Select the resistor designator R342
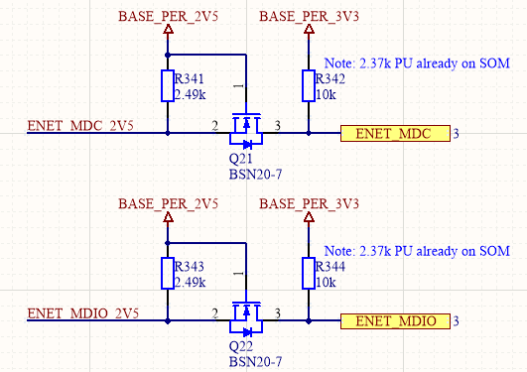[331, 79]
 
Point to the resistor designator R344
[331, 268]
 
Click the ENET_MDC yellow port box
[395, 133]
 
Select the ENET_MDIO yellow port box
[395, 320]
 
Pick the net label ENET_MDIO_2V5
[83, 313]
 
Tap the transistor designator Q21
[240, 159]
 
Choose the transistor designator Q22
[240, 347]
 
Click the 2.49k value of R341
[190, 94]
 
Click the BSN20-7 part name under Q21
[256, 174]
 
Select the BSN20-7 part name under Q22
[256, 362]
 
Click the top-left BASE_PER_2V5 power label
[168, 18]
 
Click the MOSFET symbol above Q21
[243, 126]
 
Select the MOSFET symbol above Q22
[243, 314]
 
